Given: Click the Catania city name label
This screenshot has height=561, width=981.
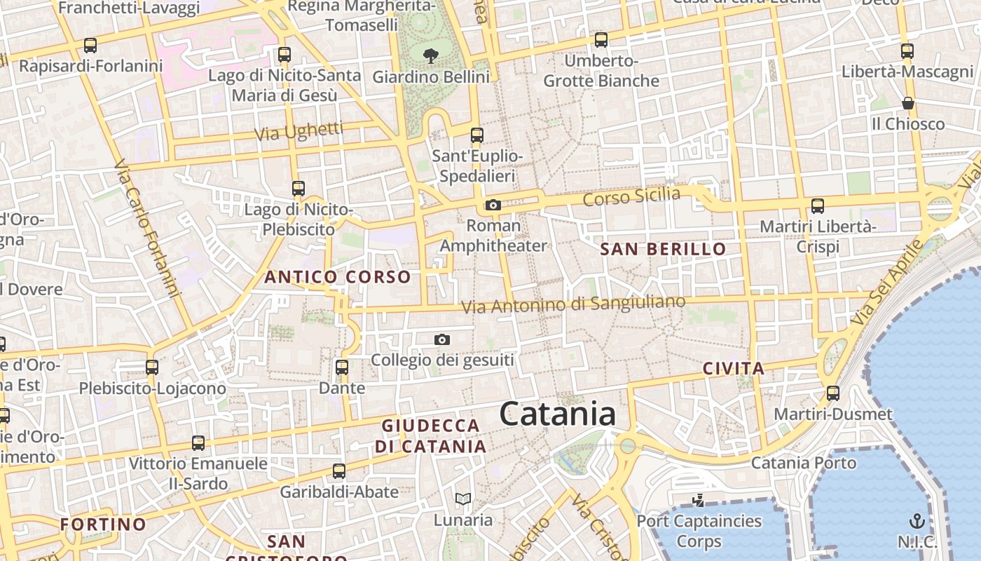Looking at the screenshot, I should (558, 414).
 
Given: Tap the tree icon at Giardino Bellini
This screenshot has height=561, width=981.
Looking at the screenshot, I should (431, 55).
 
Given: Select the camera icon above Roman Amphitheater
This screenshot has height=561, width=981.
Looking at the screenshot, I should (493, 205).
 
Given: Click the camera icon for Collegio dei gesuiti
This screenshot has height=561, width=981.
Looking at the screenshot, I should (442, 340).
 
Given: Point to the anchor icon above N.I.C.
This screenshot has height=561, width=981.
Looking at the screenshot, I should (917, 521).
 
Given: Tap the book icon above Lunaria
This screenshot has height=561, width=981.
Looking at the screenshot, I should (462, 499).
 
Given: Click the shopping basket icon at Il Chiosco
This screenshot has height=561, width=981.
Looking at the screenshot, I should (908, 103).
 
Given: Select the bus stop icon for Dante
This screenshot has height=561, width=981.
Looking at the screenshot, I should (342, 367).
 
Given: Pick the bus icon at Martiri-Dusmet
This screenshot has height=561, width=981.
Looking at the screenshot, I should (833, 393).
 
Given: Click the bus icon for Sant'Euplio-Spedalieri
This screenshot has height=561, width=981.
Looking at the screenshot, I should (477, 135).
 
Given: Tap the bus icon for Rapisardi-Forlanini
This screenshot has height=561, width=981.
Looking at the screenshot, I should (90, 46).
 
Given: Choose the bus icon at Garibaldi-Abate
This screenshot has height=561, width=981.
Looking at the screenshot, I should (339, 471).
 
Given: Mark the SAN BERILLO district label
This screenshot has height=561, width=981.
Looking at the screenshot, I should (663, 249).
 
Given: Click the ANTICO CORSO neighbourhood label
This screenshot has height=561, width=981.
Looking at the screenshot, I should (338, 277).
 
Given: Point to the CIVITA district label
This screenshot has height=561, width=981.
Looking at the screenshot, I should (733, 368).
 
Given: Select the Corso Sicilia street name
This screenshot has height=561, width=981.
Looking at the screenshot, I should (631, 197).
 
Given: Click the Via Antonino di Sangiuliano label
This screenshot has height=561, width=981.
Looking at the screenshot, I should (573, 304).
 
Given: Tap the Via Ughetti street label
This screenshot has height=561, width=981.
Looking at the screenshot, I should (299, 131).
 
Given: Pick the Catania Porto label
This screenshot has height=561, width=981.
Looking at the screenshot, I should (804, 463).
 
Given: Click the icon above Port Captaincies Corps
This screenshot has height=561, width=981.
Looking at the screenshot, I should (698, 501).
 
